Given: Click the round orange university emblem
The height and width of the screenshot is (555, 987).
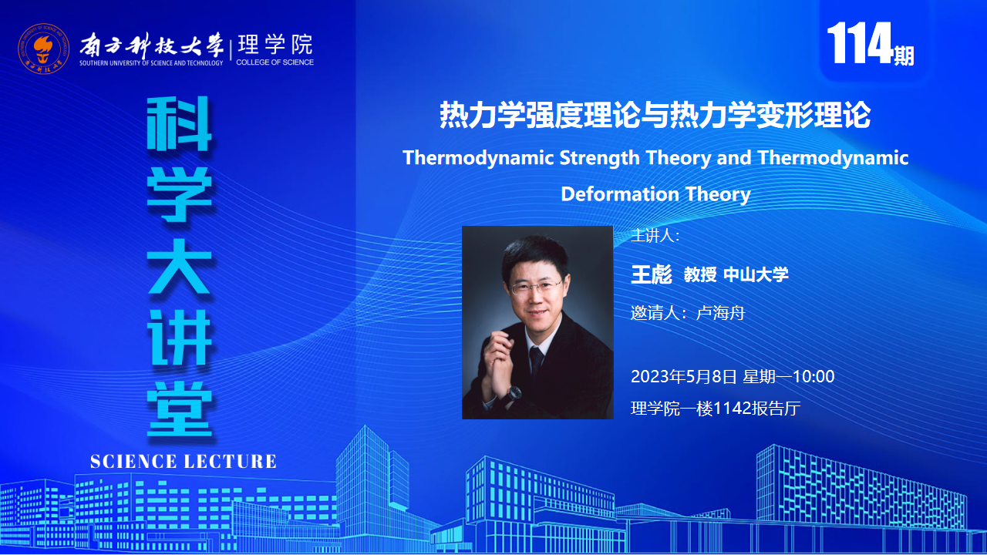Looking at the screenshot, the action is [x=43, y=49].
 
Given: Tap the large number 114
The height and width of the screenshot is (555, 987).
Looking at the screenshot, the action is [x=860, y=42].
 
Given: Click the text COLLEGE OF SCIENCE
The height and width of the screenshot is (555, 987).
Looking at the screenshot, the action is [x=275, y=62].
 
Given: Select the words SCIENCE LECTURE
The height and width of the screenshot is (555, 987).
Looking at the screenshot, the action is [x=184, y=462].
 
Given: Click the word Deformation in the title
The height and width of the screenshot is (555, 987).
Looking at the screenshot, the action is [x=620, y=194].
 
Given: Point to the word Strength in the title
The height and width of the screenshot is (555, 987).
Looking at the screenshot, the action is [x=600, y=158].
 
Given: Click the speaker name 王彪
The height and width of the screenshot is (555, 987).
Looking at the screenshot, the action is [x=652, y=274].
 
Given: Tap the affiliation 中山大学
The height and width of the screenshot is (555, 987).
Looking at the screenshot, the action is [x=756, y=275].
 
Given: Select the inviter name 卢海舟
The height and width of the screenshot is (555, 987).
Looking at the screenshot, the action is [x=720, y=313].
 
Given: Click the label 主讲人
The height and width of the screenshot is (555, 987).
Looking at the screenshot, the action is [x=652, y=236].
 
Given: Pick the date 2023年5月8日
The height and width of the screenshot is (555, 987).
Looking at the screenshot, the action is [x=684, y=377].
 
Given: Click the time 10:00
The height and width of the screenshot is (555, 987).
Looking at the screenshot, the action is [x=814, y=377].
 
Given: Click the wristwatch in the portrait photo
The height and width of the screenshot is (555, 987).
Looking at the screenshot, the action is [x=513, y=392].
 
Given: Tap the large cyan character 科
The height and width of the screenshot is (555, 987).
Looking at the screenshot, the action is [x=180, y=124].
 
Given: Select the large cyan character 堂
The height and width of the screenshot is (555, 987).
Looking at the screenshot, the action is [x=180, y=409].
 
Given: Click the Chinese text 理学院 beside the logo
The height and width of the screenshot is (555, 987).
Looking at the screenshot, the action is [x=275, y=45].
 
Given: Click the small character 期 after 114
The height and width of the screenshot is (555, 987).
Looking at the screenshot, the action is [x=904, y=56].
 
